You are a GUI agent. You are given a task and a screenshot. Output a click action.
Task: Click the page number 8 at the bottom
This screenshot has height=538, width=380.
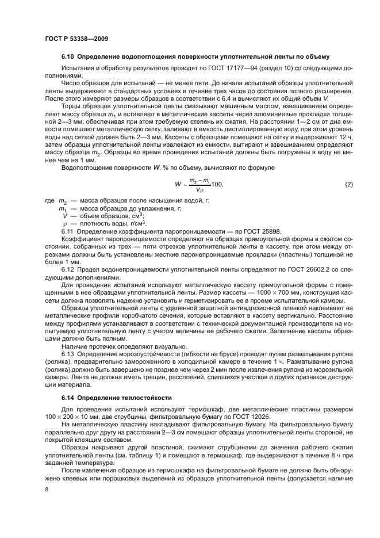tap(47, 489)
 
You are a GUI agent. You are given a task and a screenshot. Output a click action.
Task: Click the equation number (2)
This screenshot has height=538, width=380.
tap(348, 184)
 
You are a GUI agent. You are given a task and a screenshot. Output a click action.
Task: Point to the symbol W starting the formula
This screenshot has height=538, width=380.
tap(178, 185)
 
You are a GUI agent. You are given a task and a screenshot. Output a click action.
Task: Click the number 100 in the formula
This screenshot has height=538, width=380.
tap(216, 185)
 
